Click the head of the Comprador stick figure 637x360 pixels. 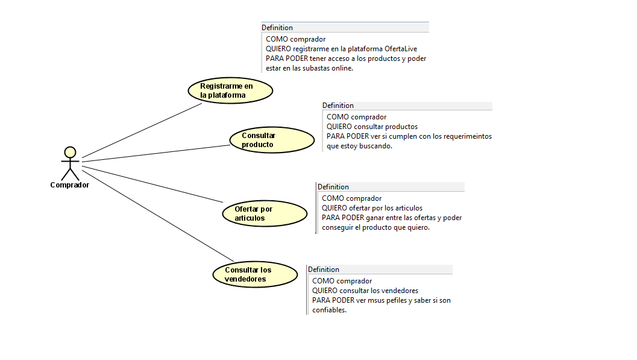(x=71, y=152)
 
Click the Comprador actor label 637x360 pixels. (x=69, y=185)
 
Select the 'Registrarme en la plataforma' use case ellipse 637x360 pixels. (x=230, y=90)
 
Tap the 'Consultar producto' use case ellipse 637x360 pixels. (x=272, y=140)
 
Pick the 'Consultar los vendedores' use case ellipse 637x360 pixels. (x=255, y=274)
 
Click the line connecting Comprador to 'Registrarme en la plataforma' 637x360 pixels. (x=142, y=130)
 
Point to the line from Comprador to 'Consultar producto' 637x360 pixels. (x=155, y=153)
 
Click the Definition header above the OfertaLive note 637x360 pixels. (x=277, y=28)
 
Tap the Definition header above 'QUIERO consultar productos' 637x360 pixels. (x=338, y=106)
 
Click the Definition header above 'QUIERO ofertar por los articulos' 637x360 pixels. (x=333, y=187)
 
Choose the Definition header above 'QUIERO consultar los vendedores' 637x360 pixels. (x=324, y=270)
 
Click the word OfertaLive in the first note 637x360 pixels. (x=401, y=49)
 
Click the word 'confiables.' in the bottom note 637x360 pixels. (x=329, y=310)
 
